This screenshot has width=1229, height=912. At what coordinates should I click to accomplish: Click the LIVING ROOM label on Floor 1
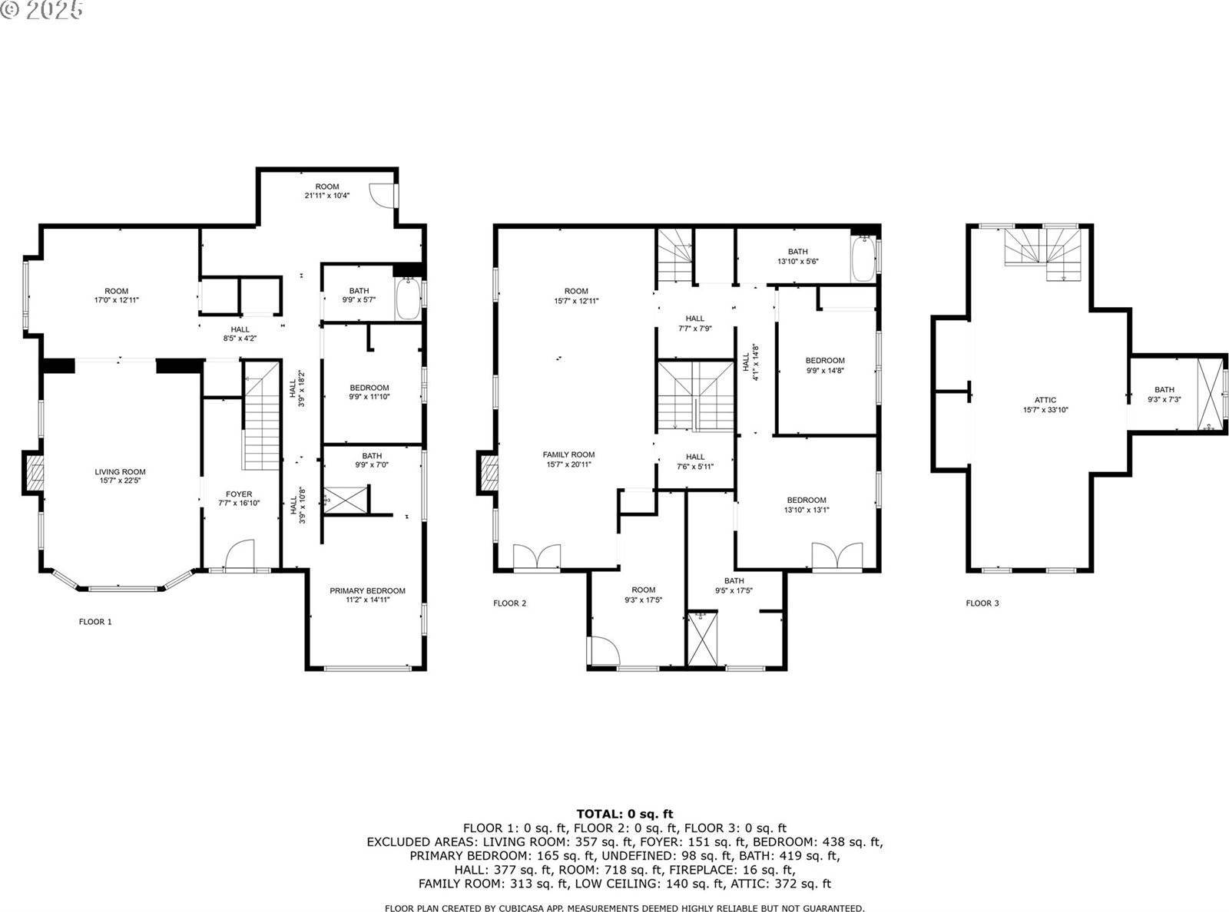coord(120,472)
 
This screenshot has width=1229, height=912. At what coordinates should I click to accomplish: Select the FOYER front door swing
coord(240,554)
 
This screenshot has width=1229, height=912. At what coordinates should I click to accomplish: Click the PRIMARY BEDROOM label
coord(367,590)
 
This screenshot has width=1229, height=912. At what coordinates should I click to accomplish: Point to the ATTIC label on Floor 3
coord(1045,400)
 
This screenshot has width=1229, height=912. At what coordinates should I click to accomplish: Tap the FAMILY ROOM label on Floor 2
coord(568,454)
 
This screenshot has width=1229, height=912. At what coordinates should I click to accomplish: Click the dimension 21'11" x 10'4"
coord(326,196)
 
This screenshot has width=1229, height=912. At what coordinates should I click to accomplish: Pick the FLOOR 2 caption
coord(509,603)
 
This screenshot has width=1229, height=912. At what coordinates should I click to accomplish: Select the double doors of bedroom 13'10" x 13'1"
coord(838,556)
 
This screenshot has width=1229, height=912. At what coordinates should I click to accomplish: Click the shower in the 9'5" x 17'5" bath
coord(701,638)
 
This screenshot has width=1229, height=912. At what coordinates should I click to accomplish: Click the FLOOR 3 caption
coord(982,603)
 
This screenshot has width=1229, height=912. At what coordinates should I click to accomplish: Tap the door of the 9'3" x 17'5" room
coord(605,652)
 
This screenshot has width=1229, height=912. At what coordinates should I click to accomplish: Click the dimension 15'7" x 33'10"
coord(1045,410)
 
